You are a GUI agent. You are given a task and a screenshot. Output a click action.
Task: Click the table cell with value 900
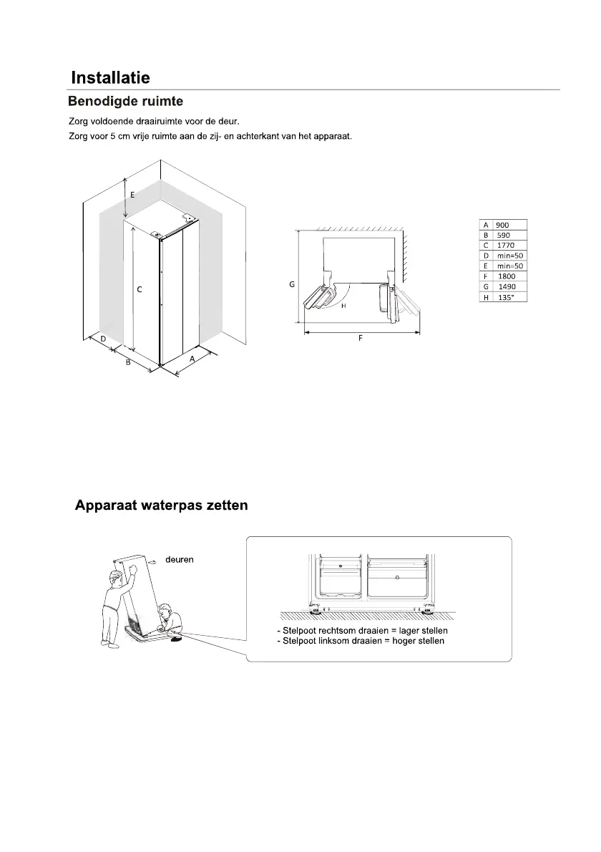coord(508,225)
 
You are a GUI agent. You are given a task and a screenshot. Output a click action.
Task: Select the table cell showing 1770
coord(508,245)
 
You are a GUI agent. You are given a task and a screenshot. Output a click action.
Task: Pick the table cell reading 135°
coord(508,296)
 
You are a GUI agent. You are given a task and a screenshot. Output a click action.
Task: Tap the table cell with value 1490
coord(508,286)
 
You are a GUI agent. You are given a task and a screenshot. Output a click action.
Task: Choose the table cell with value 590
coord(508,235)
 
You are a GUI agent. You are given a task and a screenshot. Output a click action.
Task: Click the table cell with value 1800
coord(508,276)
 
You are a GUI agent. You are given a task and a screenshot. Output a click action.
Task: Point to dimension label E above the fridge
coord(132,194)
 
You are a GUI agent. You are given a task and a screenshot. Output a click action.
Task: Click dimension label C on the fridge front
coord(140,289)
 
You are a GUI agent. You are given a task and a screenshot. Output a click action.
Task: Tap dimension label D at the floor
coord(104,338)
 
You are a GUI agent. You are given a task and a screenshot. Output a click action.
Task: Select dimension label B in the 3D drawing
coord(127,362)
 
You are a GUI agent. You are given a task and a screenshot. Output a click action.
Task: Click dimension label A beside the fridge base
coord(192,359)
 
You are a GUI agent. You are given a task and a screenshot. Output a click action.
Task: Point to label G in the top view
coord(292,284)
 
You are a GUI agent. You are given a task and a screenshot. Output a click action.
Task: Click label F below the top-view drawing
coord(360,338)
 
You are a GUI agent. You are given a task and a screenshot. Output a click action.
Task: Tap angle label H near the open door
coord(343,306)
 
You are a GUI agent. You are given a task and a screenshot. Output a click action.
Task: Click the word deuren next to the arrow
coord(180,560)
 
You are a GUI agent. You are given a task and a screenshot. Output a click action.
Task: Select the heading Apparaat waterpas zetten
coord(162,505)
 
